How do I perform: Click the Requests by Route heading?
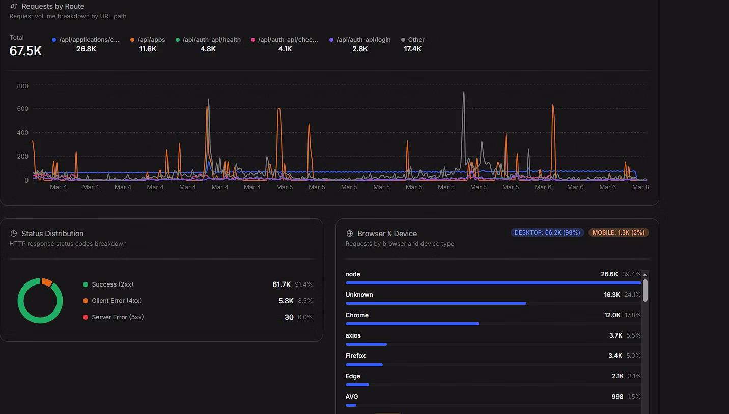[x=52, y=6]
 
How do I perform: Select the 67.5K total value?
[x=25, y=50]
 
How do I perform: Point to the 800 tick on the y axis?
[x=22, y=86]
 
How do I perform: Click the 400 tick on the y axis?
[x=22, y=133]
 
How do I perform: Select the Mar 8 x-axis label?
[x=640, y=187]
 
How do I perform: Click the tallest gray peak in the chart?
[x=464, y=93]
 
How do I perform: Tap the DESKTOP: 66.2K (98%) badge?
[x=547, y=232]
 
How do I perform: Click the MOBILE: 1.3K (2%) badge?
[x=618, y=232]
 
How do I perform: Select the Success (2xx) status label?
[x=112, y=284]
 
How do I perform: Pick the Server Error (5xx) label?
[x=118, y=317]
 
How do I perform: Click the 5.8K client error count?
[x=286, y=301]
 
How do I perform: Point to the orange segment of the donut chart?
[x=47, y=282]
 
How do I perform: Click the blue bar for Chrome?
[x=412, y=324]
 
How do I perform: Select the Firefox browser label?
[x=355, y=356]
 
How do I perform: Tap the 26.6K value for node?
[x=609, y=274]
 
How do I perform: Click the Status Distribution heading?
[x=52, y=234]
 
